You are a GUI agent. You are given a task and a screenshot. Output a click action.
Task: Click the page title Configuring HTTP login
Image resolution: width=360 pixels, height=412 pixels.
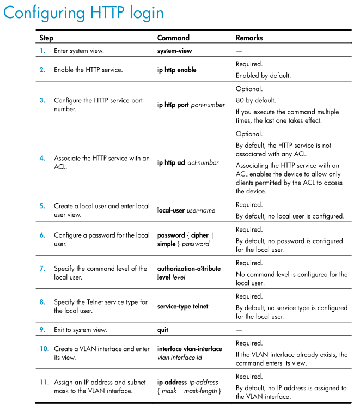[83, 13]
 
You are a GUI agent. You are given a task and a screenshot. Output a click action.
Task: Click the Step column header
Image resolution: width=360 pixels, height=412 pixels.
[46, 38]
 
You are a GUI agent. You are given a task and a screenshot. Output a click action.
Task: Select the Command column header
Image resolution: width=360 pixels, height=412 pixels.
[173, 38]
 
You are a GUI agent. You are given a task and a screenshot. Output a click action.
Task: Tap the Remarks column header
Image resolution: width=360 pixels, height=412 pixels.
[249, 38]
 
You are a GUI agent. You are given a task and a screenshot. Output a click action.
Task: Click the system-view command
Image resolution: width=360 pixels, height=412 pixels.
[174, 51]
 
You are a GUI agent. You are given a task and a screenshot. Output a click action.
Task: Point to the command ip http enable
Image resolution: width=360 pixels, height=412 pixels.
[176, 70]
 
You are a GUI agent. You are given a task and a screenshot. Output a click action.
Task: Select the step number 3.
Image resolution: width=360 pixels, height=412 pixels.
[42, 100]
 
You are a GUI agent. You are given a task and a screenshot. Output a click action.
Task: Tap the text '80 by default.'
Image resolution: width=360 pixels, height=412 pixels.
[255, 100]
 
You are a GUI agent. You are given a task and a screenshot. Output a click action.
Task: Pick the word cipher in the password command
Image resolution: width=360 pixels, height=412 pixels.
[199, 235]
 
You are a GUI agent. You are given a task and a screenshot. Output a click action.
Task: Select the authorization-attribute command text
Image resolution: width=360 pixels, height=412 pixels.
[190, 269]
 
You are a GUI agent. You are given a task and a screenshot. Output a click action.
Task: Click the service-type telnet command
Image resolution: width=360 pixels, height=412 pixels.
[182, 306]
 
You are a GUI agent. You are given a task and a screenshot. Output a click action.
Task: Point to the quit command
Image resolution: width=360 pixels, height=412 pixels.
[162, 330]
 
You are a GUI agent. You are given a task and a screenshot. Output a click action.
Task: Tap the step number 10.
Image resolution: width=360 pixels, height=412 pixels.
[44, 348]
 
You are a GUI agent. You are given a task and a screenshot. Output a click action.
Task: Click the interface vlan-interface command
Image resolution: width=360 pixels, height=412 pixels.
[190, 348]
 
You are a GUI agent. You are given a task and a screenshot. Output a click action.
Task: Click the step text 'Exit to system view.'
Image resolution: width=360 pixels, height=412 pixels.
[80, 330]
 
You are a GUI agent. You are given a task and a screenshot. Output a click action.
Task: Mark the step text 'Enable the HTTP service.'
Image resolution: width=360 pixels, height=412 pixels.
[88, 70]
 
